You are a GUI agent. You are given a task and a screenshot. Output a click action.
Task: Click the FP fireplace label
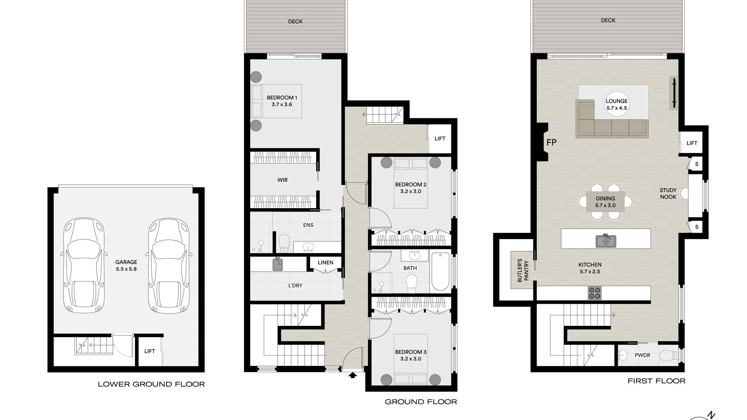551,142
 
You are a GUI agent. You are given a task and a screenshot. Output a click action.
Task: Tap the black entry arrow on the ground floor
353,375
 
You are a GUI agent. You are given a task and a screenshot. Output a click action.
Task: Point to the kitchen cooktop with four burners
594,293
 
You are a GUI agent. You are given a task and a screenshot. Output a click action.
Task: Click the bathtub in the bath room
440,271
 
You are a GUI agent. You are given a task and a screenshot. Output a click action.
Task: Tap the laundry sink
278,264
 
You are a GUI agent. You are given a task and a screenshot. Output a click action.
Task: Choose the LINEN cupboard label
326,262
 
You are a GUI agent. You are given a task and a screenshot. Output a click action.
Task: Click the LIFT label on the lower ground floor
150,351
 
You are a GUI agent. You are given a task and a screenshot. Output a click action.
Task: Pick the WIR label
282,180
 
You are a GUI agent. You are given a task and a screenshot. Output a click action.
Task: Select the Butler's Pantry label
523,270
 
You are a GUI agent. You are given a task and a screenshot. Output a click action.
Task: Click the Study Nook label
668,194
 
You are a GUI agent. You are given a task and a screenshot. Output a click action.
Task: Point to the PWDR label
642,355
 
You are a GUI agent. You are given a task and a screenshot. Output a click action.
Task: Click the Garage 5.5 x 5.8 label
126,266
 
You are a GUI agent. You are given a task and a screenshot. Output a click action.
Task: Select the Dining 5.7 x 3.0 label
605,202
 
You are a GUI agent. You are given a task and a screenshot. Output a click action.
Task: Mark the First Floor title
656,381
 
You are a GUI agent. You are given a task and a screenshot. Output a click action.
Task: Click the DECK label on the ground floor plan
295,21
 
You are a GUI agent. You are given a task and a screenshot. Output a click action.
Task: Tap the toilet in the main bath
412,284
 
